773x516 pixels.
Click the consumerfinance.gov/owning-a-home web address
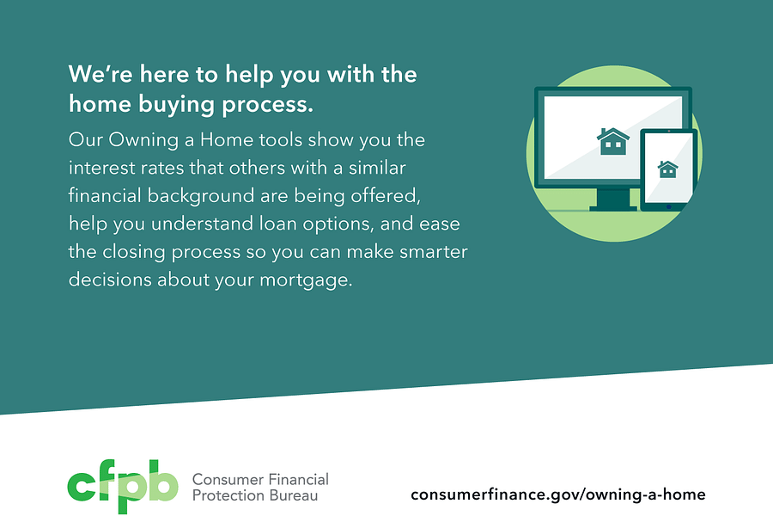[x=558, y=494]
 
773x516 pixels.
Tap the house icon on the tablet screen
[x=667, y=169]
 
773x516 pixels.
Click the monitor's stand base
[x=613, y=206]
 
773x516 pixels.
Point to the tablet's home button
[x=668, y=206]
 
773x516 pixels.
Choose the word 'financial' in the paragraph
[x=103, y=195]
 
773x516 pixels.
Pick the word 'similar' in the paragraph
[x=375, y=167]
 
